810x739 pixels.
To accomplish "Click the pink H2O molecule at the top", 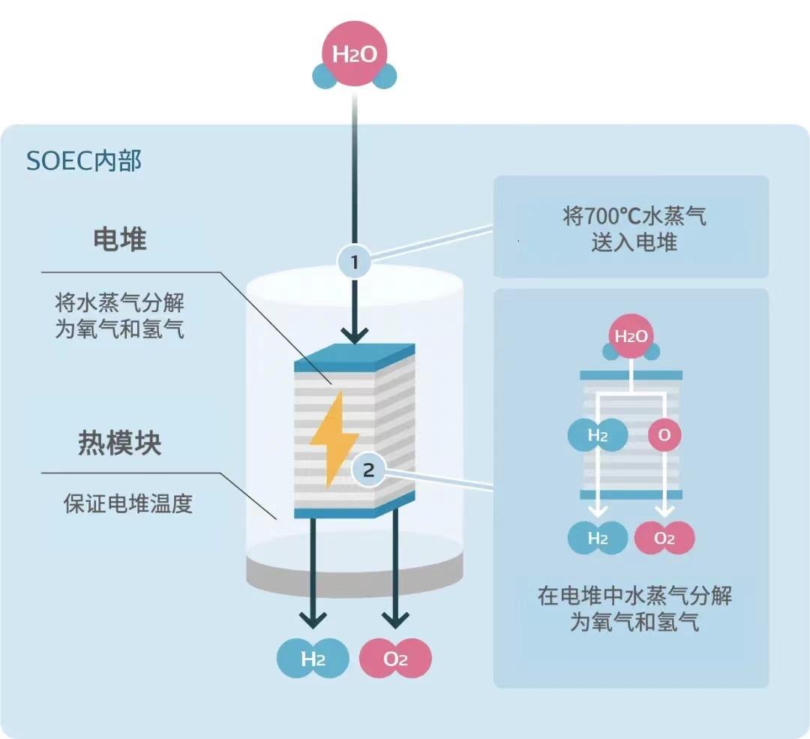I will click(x=354, y=54).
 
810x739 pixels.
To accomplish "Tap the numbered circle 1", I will click(x=354, y=263).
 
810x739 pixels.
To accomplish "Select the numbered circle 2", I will click(x=367, y=470).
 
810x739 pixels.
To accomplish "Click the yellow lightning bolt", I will click(x=329, y=439).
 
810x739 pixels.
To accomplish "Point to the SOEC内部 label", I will click(x=83, y=161).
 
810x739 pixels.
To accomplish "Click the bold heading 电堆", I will click(x=119, y=239).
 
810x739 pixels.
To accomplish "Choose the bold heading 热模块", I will click(x=119, y=443).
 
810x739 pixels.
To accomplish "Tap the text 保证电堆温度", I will click(x=127, y=502).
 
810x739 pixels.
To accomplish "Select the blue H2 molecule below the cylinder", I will click(x=313, y=659).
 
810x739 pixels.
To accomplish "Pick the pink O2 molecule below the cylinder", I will click(x=395, y=659).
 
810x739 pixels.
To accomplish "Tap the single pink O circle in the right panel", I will click(x=664, y=435).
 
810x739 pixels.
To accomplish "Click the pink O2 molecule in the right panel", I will click(x=664, y=538).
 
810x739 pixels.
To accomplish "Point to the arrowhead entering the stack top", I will click(x=354, y=334).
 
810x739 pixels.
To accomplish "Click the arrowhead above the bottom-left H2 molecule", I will click(x=313, y=619).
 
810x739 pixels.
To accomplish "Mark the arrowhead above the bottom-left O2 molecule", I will click(x=395, y=619).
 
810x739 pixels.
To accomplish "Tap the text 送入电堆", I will click(x=634, y=242).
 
